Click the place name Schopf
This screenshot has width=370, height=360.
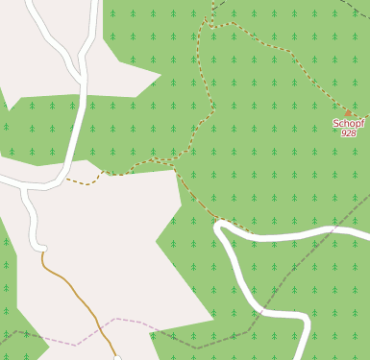click(x=348, y=123)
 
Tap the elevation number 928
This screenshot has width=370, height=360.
click(x=348, y=133)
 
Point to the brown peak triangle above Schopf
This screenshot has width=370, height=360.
click(x=348, y=112)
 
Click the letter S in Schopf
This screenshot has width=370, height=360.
click(x=336, y=123)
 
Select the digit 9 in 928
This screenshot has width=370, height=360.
click(x=343, y=133)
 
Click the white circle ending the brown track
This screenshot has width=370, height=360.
click(x=117, y=358)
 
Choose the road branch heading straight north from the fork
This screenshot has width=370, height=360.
click(x=93, y=24)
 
